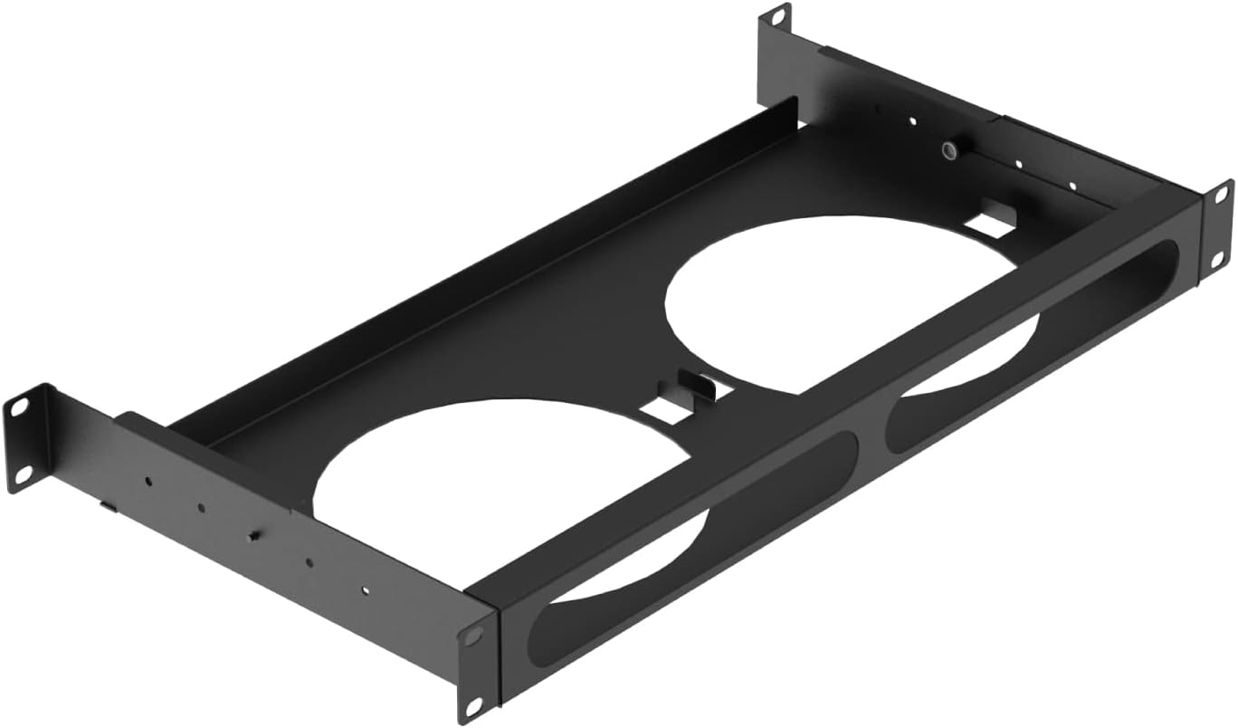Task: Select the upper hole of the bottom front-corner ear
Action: (471, 634)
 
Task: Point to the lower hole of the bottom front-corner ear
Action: (472, 704)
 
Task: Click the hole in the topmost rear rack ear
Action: (776, 16)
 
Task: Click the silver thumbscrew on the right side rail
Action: (949, 149)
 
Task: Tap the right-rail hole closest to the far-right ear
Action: (1072, 186)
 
